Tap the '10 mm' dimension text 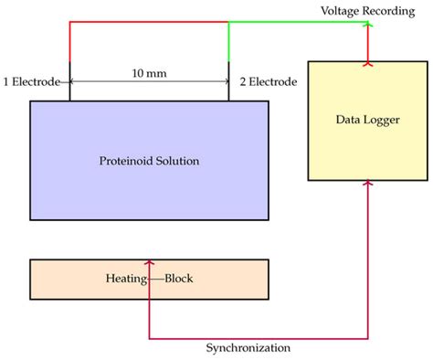[x=149, y=71]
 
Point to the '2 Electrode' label [x=269, y=81]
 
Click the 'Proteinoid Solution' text [x=149, y=161]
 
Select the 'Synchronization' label [x=248, y=348]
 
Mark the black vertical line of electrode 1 [x=69, y=90]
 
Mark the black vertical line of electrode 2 [x=228, y=90]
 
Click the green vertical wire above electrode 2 [x=228, y=41]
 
